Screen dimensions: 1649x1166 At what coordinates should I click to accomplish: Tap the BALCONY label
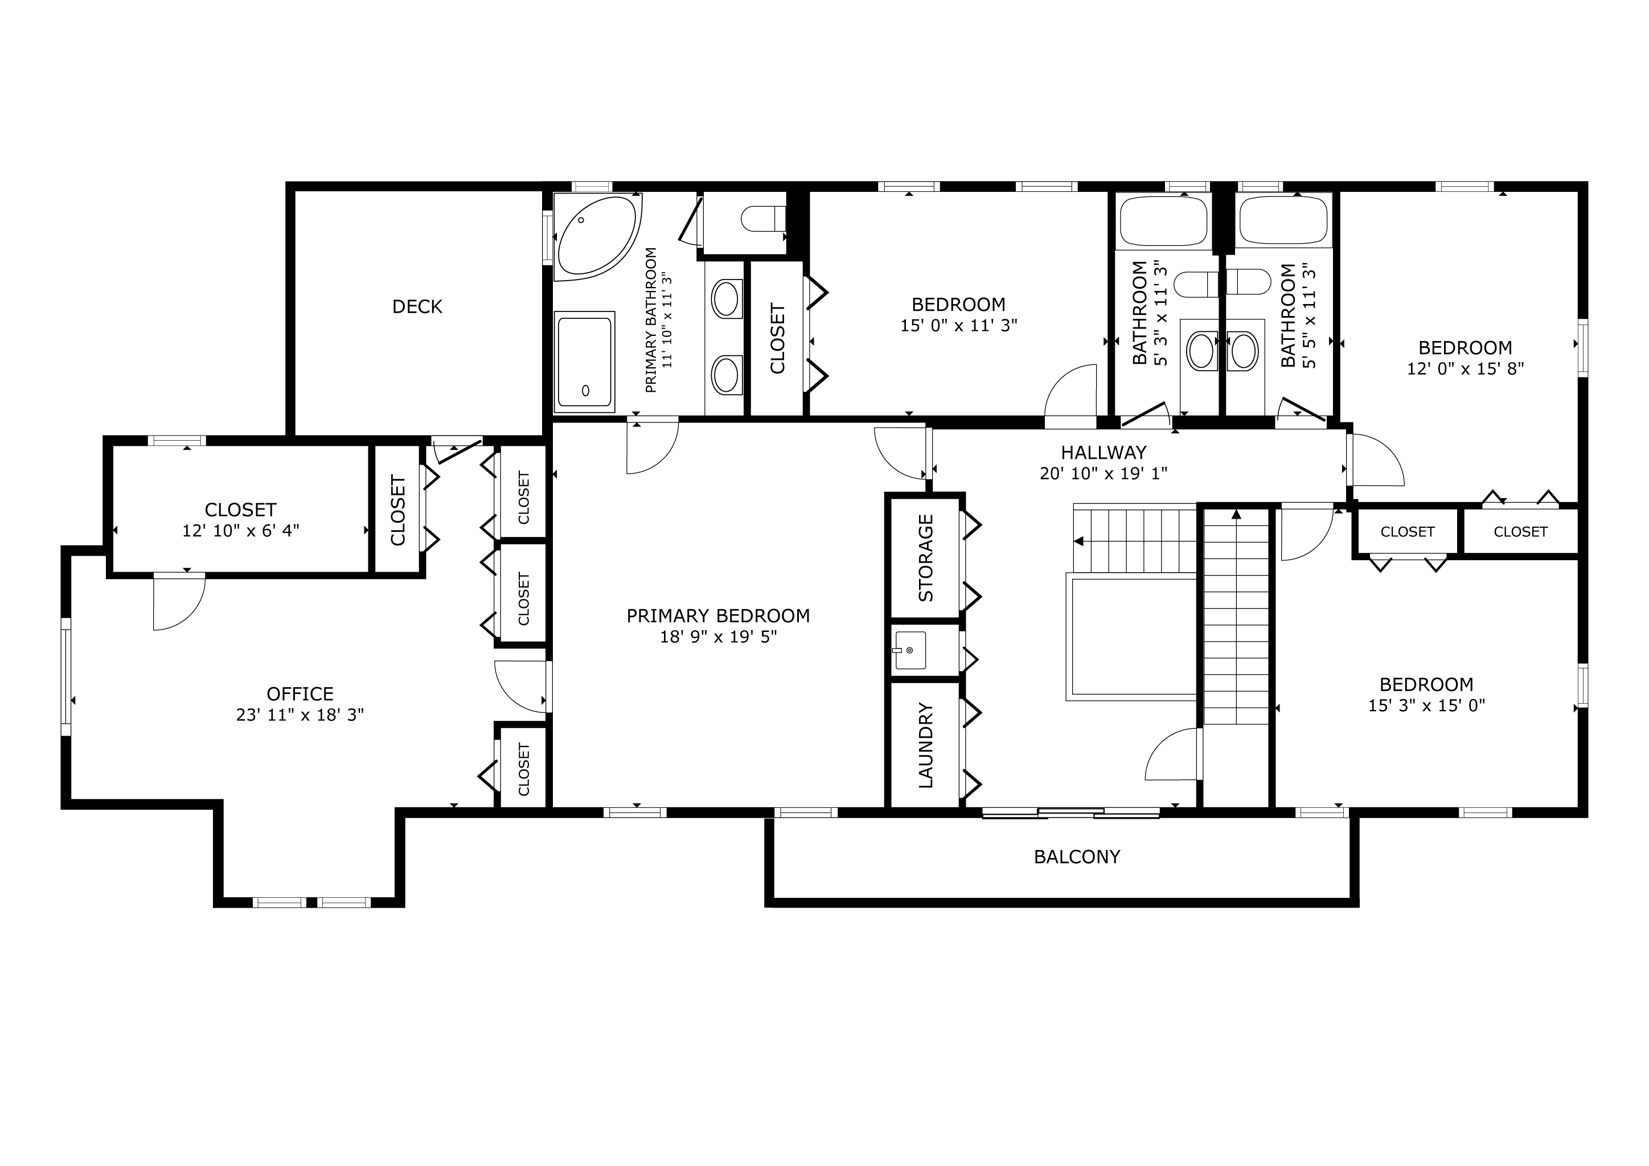[x=1077, y=856]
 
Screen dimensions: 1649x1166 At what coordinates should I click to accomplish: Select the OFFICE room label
[x=300, y=693]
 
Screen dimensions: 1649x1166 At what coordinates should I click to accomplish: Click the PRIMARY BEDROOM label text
[x=718, y=615]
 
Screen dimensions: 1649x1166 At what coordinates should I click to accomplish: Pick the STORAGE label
[x=926, y=557]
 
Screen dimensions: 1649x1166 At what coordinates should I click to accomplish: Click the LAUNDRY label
[x=926, y=745]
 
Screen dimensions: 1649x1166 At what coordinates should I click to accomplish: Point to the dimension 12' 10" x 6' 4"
[x=241, y=531]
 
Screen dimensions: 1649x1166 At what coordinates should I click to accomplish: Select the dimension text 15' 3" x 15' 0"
[x=1426, y=705]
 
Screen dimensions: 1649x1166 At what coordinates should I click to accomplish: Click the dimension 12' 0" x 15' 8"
[x=1465, y=368]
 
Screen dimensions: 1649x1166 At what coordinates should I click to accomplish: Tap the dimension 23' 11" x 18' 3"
[x=300, y=715]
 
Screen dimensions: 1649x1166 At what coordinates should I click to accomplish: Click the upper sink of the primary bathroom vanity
[x=727, y=299]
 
